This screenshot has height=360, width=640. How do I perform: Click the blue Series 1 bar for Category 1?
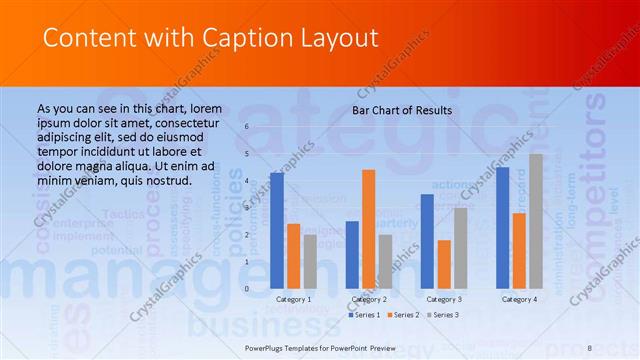coord(277,230)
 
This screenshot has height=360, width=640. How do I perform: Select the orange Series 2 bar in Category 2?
coord(368,228)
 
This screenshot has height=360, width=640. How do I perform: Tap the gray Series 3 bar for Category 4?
coord(536,220)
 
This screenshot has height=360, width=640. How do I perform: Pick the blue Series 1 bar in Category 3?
coord(427,240)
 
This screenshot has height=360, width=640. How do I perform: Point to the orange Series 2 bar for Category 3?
coord(444,263)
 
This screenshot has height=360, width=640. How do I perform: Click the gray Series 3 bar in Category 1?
coord(310,261)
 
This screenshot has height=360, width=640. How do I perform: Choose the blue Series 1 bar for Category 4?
coord(502,227)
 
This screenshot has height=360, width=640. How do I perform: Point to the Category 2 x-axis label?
coord(369,299)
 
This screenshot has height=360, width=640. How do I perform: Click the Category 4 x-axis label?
coord(519,299)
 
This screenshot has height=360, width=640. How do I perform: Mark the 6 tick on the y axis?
coord(247,127)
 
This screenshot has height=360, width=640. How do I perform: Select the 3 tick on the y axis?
coord(247,208)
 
